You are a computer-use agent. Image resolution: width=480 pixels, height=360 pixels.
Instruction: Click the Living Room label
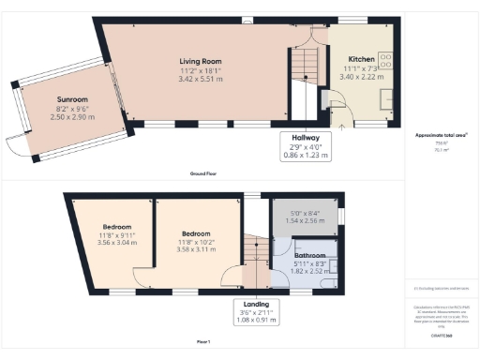(199, 62)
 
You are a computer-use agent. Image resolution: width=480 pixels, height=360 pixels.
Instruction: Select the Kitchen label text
(361, 59)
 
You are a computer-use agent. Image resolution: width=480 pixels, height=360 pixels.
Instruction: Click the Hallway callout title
(305, 136)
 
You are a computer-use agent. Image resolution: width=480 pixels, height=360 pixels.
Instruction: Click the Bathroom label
(309, 255)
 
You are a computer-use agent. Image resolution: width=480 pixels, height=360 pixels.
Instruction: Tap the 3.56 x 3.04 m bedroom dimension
(116, 242)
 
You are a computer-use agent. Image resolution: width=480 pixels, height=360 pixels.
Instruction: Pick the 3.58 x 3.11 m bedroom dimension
(195, 242)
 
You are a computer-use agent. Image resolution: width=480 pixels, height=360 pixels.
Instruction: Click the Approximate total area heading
(441, 135)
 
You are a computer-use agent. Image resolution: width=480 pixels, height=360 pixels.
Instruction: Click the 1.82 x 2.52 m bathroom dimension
(309, 272)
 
